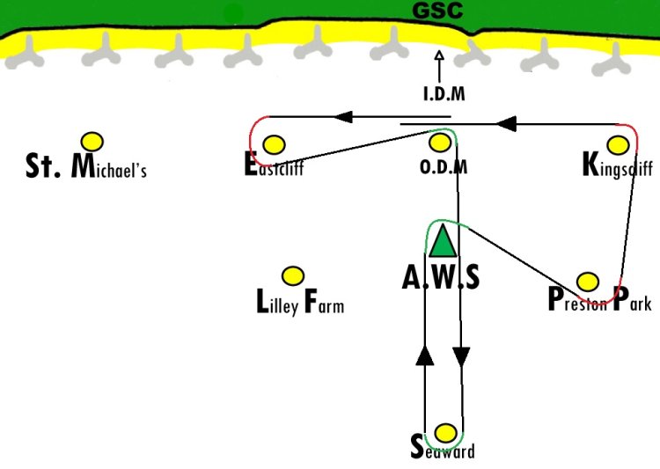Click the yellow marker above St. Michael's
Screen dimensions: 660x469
(92, 142)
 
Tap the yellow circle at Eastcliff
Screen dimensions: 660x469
(274, 145)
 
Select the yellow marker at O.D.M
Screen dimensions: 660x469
(440, 143)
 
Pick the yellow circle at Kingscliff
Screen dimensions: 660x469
(618, 145)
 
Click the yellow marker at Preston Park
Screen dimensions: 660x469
(588, 282)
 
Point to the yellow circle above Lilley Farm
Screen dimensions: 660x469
(292, 276)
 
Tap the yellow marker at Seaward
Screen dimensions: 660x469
(445, 433)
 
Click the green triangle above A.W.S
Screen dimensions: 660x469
(443, 241)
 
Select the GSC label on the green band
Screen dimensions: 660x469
(437, 11)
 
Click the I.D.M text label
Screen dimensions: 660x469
(444, 93)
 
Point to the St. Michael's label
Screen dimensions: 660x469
(86, 166)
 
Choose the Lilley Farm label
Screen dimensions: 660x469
(300, 302)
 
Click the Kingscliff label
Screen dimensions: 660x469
(618, 165)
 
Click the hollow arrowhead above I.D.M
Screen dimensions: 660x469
(439, 55)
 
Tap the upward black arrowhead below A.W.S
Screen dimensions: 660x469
(424, 355)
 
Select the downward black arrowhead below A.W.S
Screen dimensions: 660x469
(461, 357)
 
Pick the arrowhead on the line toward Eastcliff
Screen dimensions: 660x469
(343, 117)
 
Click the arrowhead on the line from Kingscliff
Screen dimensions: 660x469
(506, 124)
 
